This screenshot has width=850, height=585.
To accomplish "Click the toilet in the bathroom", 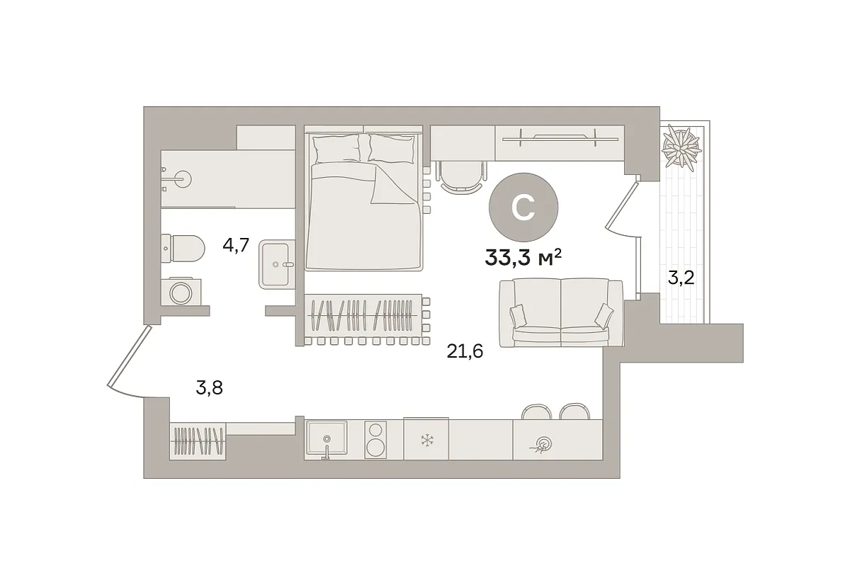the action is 183,249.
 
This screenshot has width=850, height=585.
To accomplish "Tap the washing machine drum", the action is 181,293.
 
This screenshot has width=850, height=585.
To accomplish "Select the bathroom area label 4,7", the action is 236,245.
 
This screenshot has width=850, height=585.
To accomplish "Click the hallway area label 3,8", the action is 209,388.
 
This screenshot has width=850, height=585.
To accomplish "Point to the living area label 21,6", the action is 465,351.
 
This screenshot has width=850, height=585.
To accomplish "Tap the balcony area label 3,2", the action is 681,278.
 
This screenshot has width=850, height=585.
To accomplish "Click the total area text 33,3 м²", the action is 523,259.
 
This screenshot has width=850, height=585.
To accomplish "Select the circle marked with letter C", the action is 523,208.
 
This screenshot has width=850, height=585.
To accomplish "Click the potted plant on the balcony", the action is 681,146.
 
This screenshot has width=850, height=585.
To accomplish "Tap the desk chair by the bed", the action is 461,178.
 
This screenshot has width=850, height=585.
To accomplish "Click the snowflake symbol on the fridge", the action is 427,440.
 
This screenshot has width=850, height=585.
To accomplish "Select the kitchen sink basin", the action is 327,438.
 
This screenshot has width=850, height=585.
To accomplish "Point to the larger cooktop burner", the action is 375,448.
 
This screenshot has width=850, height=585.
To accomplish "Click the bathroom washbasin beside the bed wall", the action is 277,264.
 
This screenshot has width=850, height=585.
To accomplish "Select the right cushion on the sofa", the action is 603,316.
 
